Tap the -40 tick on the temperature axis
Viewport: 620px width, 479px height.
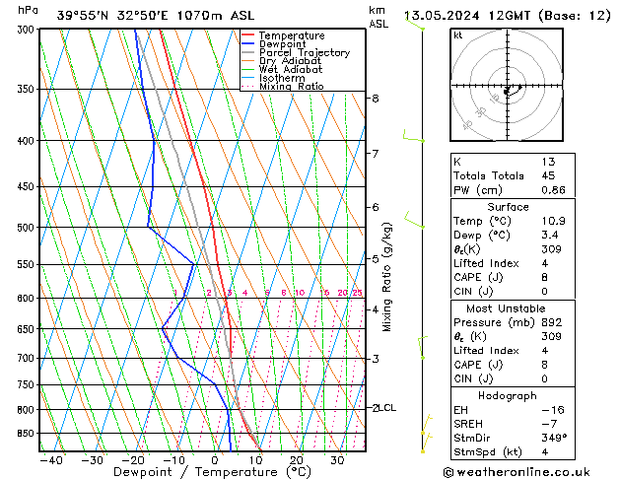(x=50, y=460)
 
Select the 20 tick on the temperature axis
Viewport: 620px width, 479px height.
(x=296, y=460)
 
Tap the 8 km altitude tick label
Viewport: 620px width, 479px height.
(x=376, y=99)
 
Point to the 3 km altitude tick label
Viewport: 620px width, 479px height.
(x=376, y=359)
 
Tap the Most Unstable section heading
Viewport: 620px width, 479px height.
(x=508, y=308)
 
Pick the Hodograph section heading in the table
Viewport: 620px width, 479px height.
(x=508, y=394)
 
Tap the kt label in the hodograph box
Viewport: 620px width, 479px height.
(x=458, y=35)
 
